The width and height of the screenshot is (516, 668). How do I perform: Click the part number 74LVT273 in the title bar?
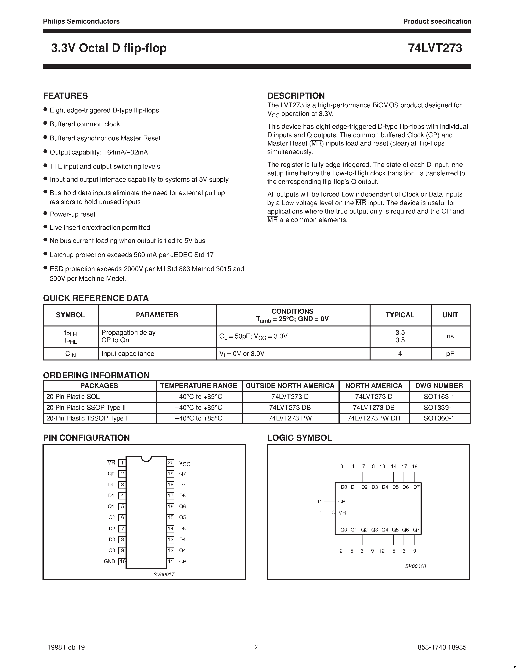point(435,48)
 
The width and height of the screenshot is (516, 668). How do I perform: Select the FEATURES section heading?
point(65,96)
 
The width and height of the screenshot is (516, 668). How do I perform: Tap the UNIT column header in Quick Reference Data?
point(450,315)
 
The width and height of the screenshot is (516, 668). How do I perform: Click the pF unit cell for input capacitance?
point(450,354)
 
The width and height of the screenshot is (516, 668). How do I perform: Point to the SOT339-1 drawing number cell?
point(439,407)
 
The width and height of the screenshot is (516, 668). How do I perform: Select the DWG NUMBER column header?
point(439,386)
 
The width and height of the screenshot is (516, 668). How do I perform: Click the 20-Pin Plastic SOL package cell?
point(73,397)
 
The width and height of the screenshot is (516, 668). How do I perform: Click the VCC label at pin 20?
point(185,463)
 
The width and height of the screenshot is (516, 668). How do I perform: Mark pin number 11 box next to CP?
point(170,561)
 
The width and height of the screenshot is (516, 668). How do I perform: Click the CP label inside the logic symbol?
point(342,502)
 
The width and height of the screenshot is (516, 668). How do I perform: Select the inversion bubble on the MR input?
point(333,512)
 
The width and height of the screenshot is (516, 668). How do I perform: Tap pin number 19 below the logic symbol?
point(413,551)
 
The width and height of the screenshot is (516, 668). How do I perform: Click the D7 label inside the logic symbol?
point(416,487)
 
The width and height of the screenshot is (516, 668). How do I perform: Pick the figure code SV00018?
point(415,566)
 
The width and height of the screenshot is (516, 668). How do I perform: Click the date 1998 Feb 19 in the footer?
point(66,647)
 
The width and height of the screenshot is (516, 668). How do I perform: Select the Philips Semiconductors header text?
point(81,21)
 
